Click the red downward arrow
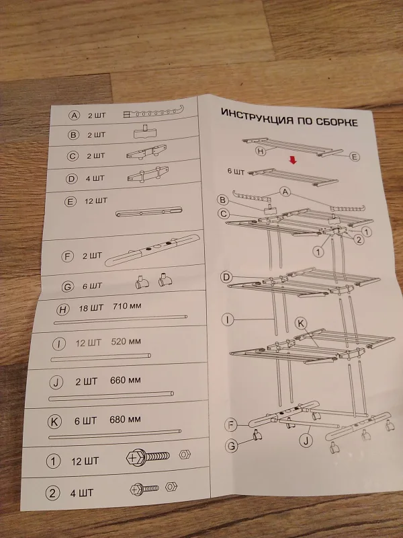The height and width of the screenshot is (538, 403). click(x=293, y=160)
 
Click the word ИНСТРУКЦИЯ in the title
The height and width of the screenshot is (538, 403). click(x=257, y=116)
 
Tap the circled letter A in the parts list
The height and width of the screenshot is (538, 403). click(x=74, y=115)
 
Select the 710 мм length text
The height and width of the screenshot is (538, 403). click(x=127, y=306)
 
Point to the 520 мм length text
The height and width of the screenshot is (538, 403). click(x=126, y=342)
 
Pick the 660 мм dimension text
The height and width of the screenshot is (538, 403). click(x=126, y=380)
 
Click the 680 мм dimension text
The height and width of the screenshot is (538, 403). click(x=125, y=419)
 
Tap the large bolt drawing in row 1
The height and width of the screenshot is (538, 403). click(x=148, y=457)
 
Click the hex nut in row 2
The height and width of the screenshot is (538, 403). click(x=171, y=486)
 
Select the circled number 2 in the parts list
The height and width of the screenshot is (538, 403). click(x=52, y=494)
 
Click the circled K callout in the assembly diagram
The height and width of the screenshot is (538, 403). click(x=301, y=323)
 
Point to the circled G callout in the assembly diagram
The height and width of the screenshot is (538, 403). click(x=232, y=446)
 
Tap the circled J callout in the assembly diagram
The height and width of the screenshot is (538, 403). click(x=306, y=440)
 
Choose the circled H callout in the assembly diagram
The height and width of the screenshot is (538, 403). click(x=261, y=151)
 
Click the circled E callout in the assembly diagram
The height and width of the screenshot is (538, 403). click(x=355, y=157)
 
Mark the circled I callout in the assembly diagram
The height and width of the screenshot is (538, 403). click(x=228, y=320)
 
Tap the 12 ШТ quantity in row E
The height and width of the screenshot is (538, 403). click(x=95, y=200)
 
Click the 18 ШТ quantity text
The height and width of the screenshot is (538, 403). click(x=91, y=308)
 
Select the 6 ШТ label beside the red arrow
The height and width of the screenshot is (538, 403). click(x=236, y=171)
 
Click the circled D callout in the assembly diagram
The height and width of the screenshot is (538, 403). click(x=226, y=277)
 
